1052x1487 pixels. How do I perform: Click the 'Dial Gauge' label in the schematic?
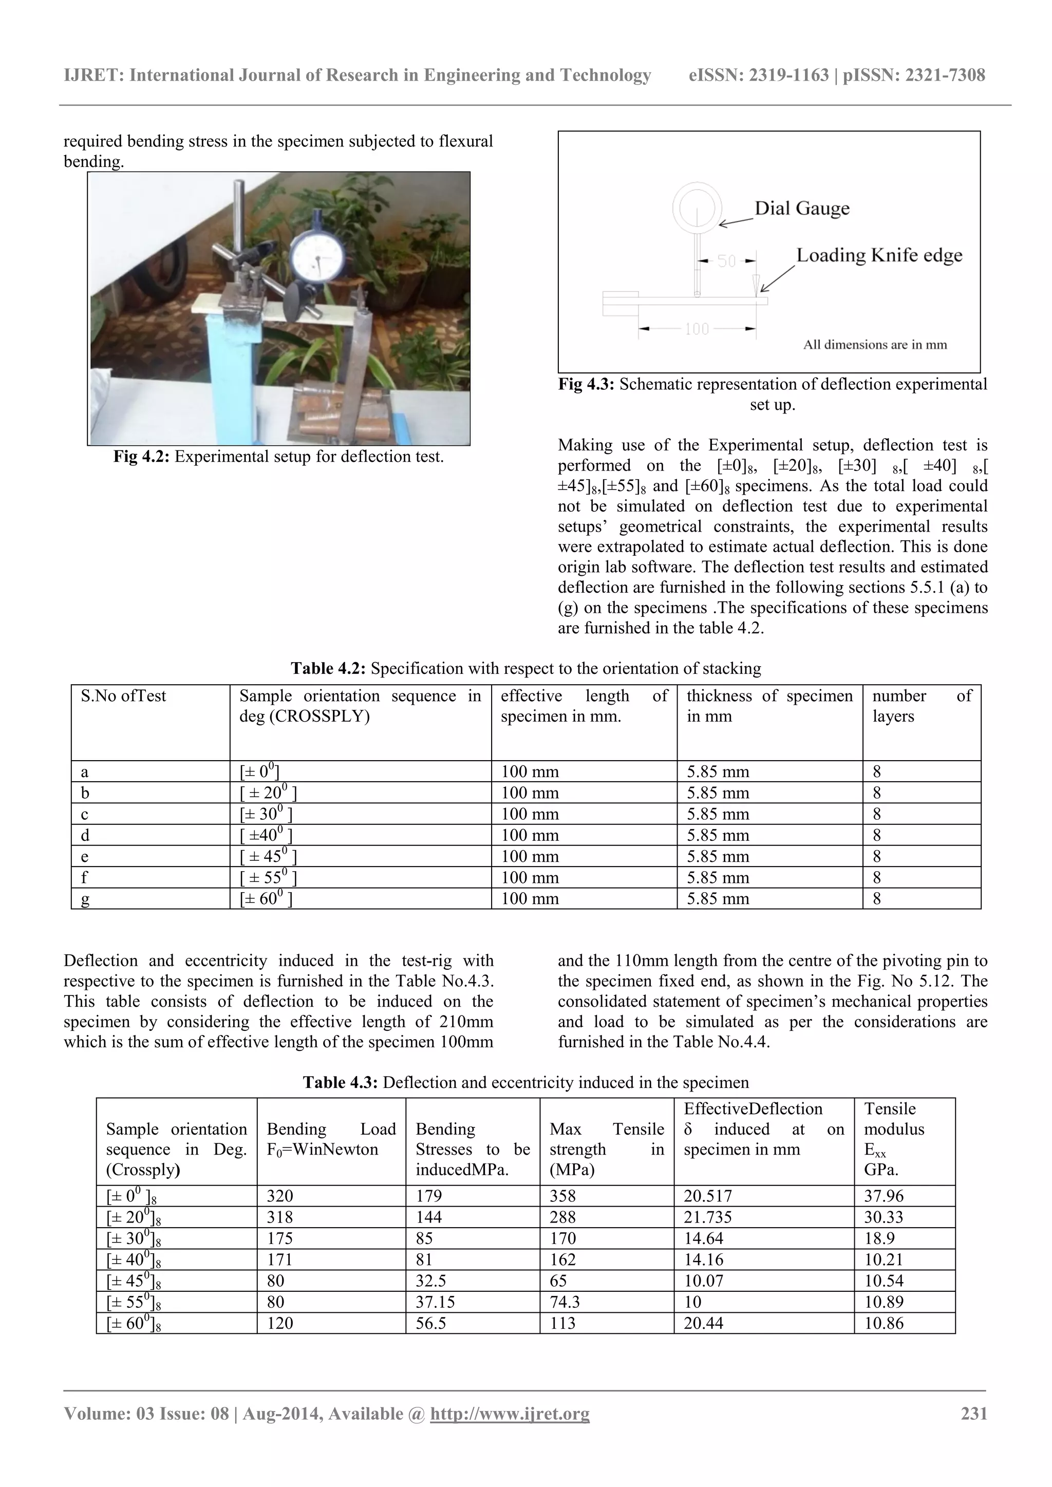pos(802,208)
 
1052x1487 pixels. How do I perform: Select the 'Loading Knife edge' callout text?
pos(879,255)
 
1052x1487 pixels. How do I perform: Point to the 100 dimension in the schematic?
pos(697,329)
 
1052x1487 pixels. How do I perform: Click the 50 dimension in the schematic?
pos(727,261)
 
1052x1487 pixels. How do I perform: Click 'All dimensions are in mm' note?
pos(874,345)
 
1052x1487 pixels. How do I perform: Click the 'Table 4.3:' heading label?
pos(340,1082)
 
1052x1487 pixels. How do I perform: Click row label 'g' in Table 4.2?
pos(85,899)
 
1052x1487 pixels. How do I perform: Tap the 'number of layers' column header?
pos(921,706)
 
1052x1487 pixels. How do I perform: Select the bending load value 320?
pos(280,1196)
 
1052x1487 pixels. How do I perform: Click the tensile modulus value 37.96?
pos(884,1196)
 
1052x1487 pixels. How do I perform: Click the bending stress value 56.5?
pos(431,1323)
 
